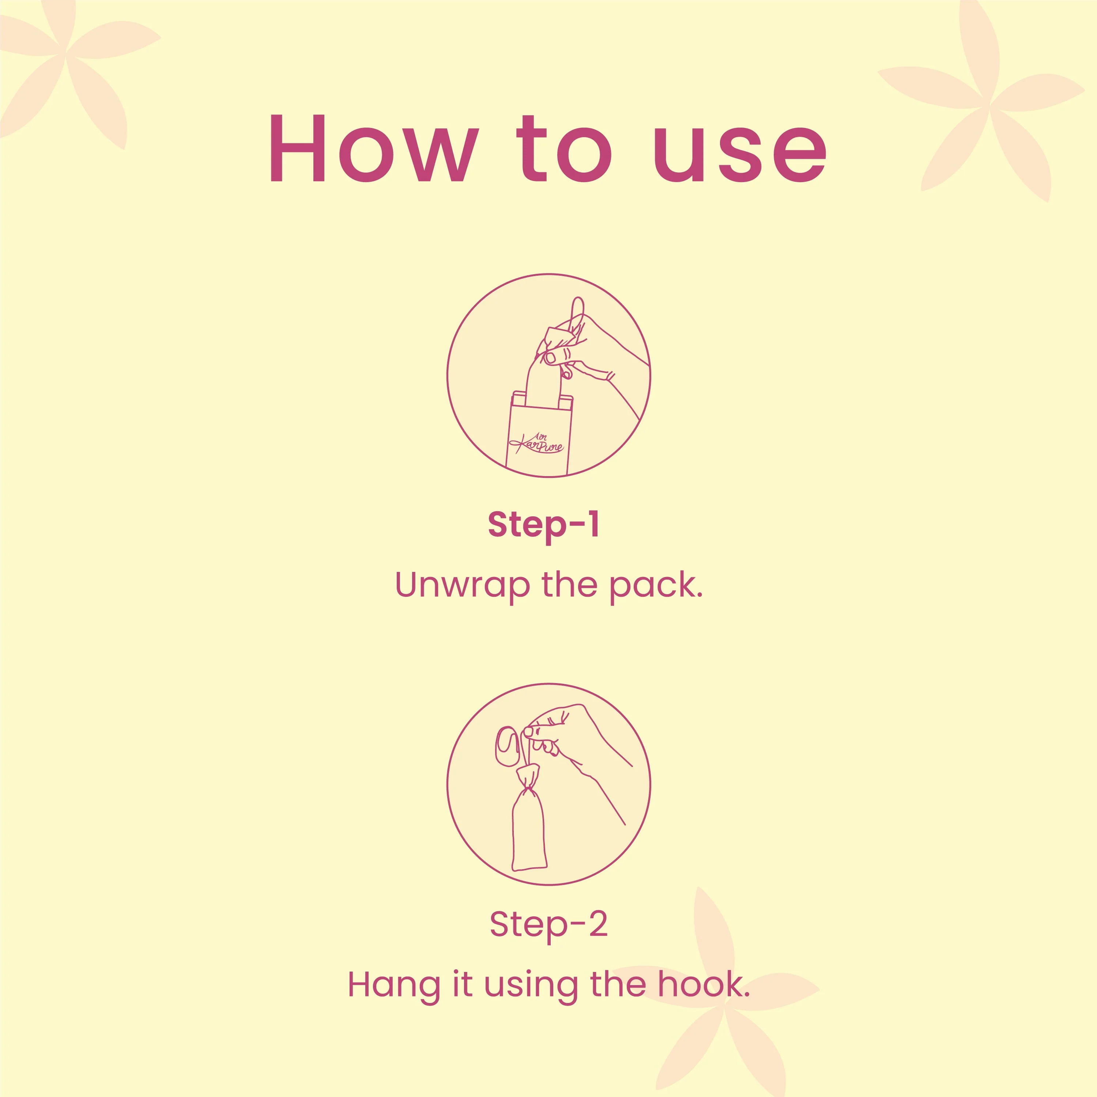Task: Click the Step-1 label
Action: (x=543, y=525)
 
